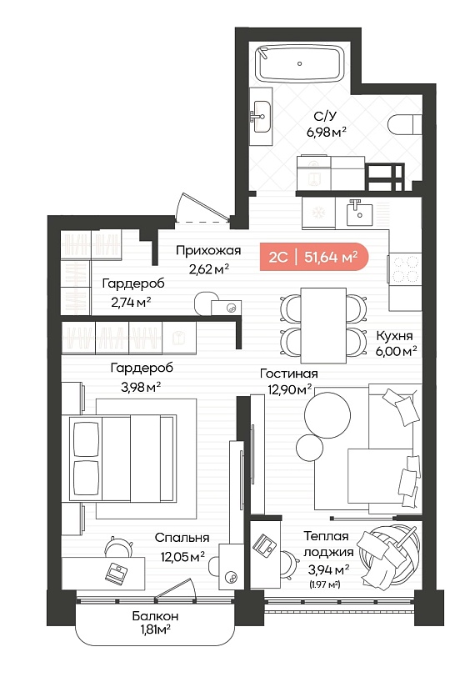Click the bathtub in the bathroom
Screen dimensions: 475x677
pyautogui.click(x=300, y=63)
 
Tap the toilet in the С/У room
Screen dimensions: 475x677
pyautogui.click(x=404, y=125)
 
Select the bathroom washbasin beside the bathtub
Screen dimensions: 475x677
pyautogui.click(x=261, y=117)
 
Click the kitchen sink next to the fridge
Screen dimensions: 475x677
pyautogui.click(x=359, y=213)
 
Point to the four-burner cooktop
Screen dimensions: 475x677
pyautogui.click(x=405, y=269)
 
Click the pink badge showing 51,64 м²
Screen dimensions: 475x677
pyautogui.click(x=314, y=257)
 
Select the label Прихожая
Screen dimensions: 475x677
pyautogui.click(x=208, y=250)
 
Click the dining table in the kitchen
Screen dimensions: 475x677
pyautogui.click(x=323, y=325)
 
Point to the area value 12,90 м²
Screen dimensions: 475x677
pyautogui.click(x=290, y=390)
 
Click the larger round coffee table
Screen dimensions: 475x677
pyautogui.click(x=327, y=415)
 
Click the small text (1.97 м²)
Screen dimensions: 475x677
pyautogui.click(x=325, y=585)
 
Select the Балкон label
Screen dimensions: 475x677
pyautogui.click(x=155, y=616)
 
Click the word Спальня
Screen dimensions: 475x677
pyautogui.click(x=182, y=538)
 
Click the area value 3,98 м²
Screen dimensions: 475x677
pyautogui.click(x=141, y=388)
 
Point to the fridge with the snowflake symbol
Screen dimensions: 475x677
pyautogui.click(x=318, y=213)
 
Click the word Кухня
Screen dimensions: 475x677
pyautogui.click(x=394, y=335)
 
